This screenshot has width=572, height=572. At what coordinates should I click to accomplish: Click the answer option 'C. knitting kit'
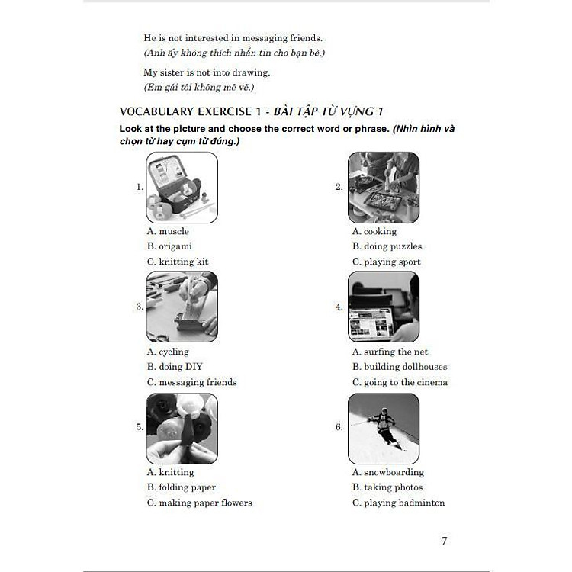tap(178, 262)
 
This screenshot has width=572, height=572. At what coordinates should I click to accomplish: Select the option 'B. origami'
tap(169, 246)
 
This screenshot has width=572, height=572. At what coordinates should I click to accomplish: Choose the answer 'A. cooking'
tap(374, 231)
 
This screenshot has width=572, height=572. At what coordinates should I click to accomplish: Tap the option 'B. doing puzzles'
tap(387, 246)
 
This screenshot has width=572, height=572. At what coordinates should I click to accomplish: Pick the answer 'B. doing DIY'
tap(175, 367)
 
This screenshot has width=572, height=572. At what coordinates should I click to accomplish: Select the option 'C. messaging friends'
tap(192, 382)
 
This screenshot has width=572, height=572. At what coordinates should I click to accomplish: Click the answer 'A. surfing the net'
tap(390, 352)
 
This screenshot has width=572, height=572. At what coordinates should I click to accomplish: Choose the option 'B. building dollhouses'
tap(400, 367)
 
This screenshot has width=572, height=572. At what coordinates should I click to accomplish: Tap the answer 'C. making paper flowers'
tap(200, 503)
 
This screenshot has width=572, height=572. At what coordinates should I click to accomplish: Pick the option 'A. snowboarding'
tap(388, 472)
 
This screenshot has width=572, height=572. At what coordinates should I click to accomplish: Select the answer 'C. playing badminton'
tap(398, 503)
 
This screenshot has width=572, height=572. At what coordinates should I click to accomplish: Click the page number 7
tap(444, 541)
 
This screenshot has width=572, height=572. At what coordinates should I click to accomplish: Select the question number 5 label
tap(140, 427)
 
